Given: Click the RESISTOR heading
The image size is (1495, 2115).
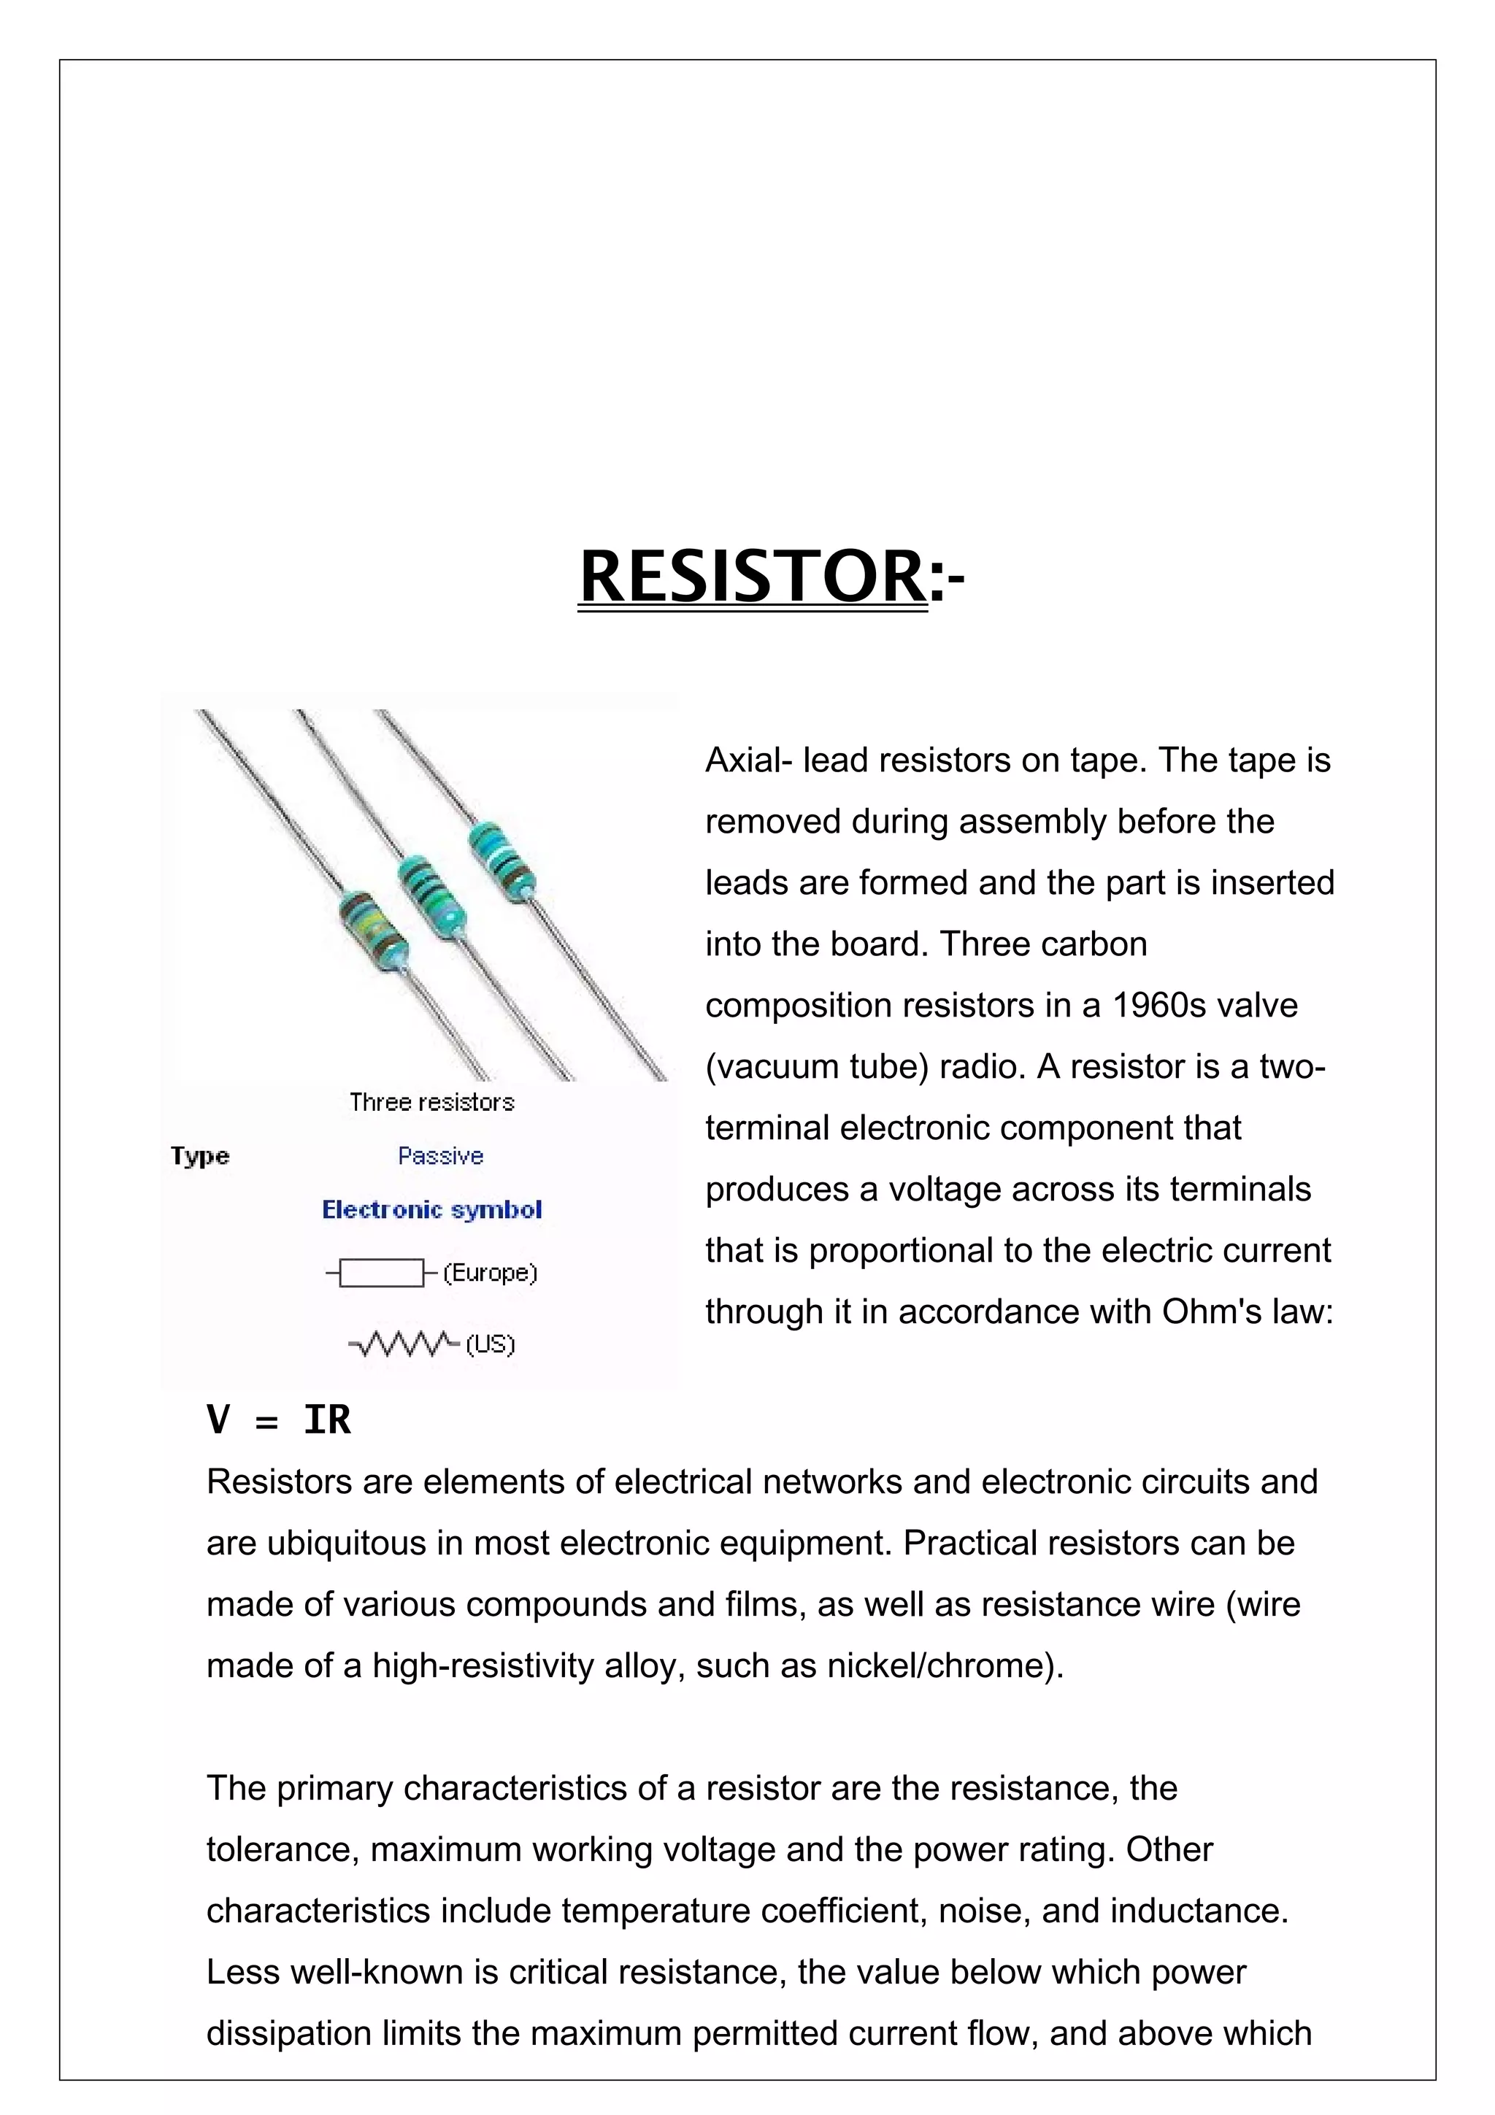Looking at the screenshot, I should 770,576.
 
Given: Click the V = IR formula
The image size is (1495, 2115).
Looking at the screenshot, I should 278,1419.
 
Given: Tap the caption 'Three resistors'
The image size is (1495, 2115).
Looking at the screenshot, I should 431,1102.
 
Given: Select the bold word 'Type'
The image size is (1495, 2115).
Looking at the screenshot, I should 200,1156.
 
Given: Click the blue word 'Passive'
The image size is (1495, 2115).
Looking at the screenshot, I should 440,1155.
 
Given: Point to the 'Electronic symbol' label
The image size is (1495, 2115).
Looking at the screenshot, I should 431,1209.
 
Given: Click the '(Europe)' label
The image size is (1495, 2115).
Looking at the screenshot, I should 490,1273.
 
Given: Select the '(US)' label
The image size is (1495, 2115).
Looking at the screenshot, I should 490,1344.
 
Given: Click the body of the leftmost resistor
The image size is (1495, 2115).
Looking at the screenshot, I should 373,931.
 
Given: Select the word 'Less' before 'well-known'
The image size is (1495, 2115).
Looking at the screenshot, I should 242,1972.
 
